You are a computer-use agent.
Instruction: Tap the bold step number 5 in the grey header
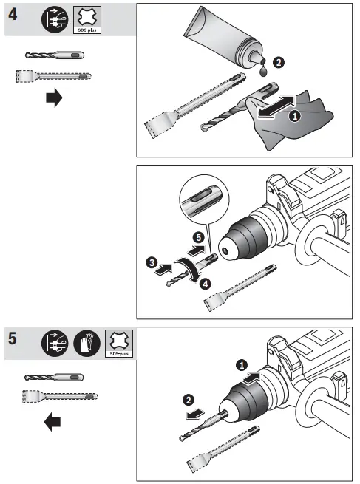click(13, 342)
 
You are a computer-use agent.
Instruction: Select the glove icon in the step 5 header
click(88, 343)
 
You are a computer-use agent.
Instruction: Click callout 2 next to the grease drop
click(276, 64)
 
